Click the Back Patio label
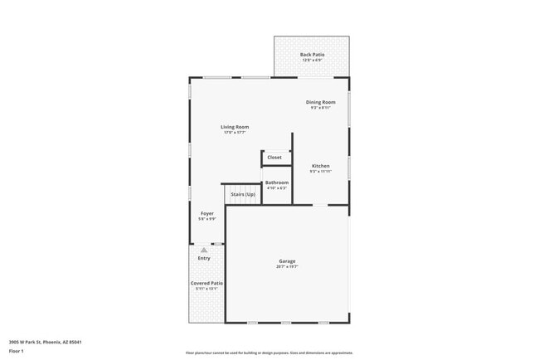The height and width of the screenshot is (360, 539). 312,55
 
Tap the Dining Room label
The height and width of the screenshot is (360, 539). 321,102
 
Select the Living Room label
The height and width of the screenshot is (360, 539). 235,127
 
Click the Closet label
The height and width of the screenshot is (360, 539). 274,157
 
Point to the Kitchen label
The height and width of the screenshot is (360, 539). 321,166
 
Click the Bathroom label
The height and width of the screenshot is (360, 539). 276,182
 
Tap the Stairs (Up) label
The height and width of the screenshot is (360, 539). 243,194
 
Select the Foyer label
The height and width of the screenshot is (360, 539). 207,214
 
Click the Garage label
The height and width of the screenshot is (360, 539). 287,261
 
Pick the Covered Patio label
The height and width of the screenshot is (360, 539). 206,284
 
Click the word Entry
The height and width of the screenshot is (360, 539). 204,258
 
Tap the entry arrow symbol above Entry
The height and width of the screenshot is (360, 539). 204,249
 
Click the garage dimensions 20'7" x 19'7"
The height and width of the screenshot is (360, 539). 287,267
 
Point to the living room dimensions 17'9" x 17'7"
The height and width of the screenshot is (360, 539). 235,133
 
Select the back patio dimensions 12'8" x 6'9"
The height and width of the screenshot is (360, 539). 312,61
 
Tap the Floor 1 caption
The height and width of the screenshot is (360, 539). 17,351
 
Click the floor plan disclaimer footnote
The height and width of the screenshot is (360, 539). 269,353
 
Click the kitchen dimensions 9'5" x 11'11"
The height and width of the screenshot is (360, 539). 321,172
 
